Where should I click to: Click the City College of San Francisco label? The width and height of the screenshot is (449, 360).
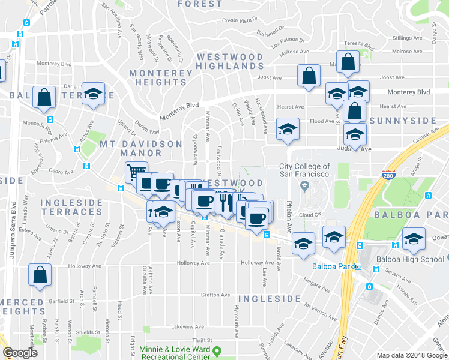(304, 170)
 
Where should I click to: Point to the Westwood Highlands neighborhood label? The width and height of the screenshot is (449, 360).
(230, 61)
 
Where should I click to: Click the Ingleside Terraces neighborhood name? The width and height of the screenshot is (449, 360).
(72, 208)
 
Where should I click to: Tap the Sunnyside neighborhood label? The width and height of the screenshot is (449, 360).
(402, 121)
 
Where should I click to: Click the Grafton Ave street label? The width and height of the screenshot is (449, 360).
(216, 295)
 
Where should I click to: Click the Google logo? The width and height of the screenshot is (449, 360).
(20, 353)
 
